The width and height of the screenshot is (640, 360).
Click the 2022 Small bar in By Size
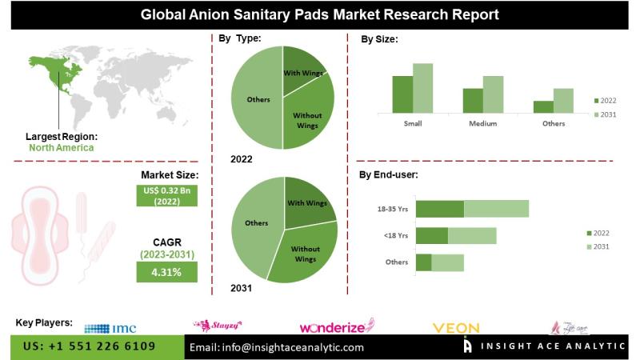click(402, 94)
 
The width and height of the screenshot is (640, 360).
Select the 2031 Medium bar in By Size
click(493, 94)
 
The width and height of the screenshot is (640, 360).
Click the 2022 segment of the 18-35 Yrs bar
click(440, 208)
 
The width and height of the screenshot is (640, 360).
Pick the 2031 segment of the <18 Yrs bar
click(472, 235)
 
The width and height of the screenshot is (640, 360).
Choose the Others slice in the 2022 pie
click(258, 99)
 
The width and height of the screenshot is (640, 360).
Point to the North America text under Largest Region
click(61, 147)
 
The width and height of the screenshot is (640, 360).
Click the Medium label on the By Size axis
click(482, 124)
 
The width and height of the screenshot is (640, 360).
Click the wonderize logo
click(336, 326)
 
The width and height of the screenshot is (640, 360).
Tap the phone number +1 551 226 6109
click(89, 347)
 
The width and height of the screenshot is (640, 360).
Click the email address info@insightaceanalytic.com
click(276, 347)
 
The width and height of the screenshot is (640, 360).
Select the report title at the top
click(320, 14)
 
